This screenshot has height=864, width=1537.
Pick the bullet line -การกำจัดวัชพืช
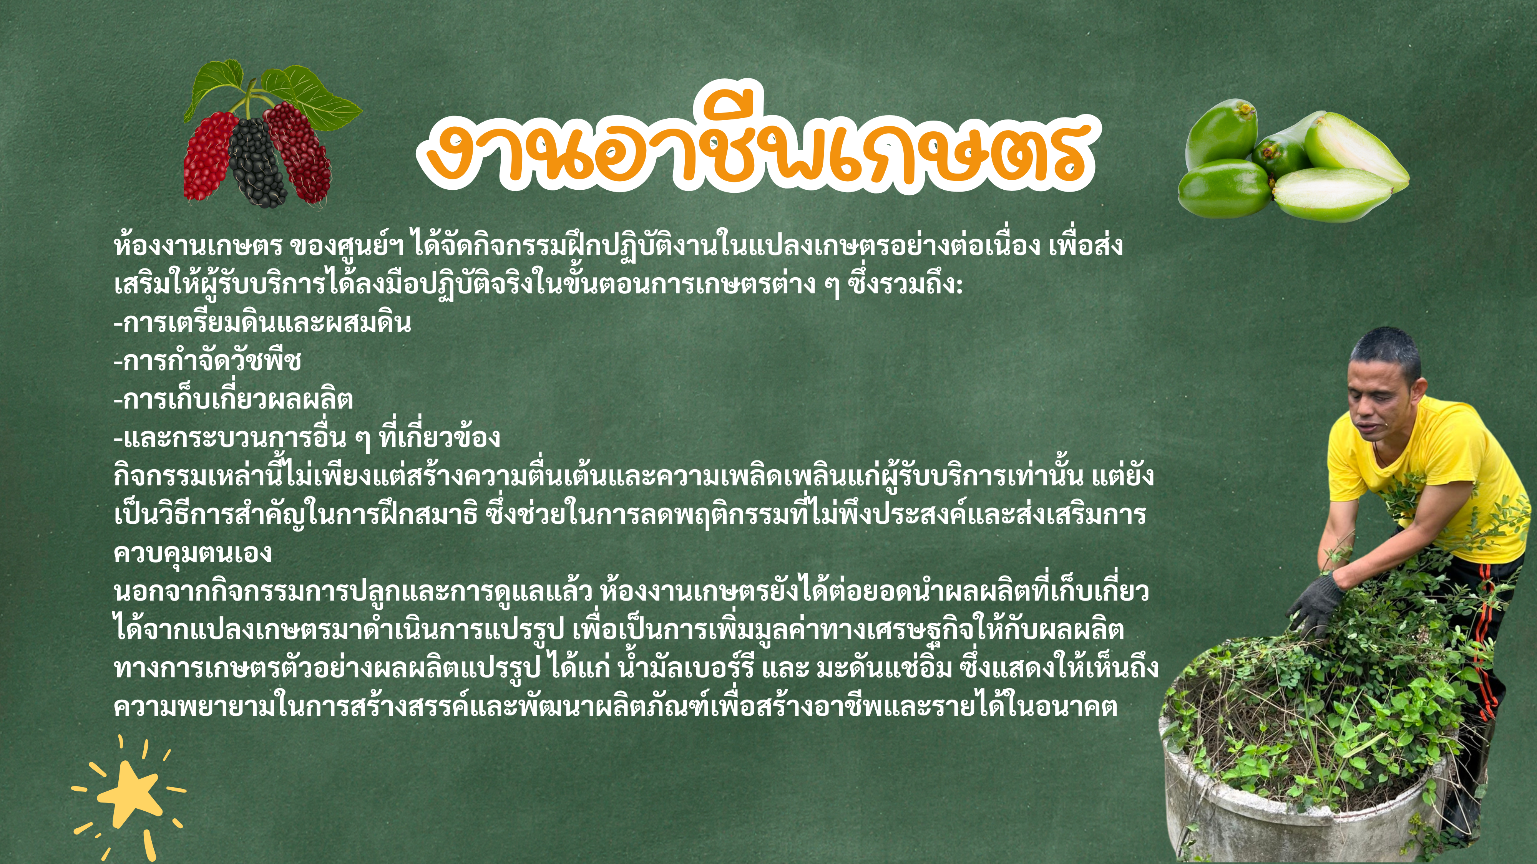coord(207,361)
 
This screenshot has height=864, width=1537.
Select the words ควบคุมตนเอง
coord(193,553)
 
